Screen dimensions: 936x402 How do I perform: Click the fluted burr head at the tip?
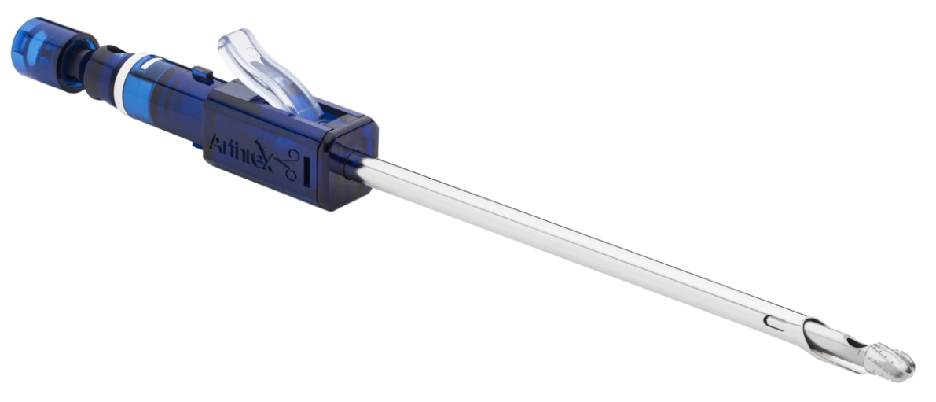point(891,362)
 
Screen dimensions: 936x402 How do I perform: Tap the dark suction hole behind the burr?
point(855,344)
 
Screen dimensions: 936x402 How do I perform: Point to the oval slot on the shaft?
point(776,323)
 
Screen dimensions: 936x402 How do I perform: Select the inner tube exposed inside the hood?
point(842,352)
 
